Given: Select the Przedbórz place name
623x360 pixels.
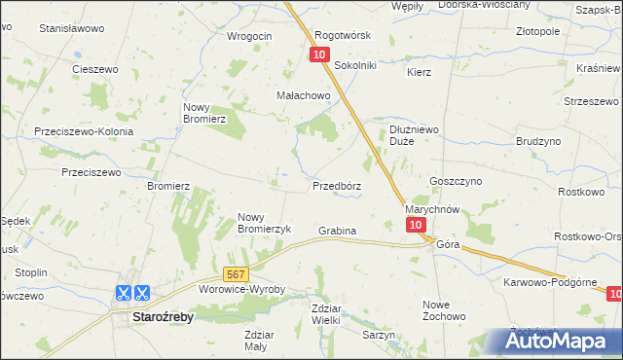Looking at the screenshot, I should point(337,185).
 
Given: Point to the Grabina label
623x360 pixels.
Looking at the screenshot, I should point(337,231).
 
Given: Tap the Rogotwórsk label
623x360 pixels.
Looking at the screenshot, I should point(343,35).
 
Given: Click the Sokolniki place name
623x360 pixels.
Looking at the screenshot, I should point(354,65).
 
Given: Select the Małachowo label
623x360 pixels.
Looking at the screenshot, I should point(303,95).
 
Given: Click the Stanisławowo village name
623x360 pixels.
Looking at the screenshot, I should point(71,29).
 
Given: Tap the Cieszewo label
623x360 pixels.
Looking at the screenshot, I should point(95,69).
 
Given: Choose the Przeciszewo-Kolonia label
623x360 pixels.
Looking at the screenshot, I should point(83,130).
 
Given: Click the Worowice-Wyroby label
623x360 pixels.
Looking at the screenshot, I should point(241,290).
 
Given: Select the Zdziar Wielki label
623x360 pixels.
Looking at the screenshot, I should point(325,313).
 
